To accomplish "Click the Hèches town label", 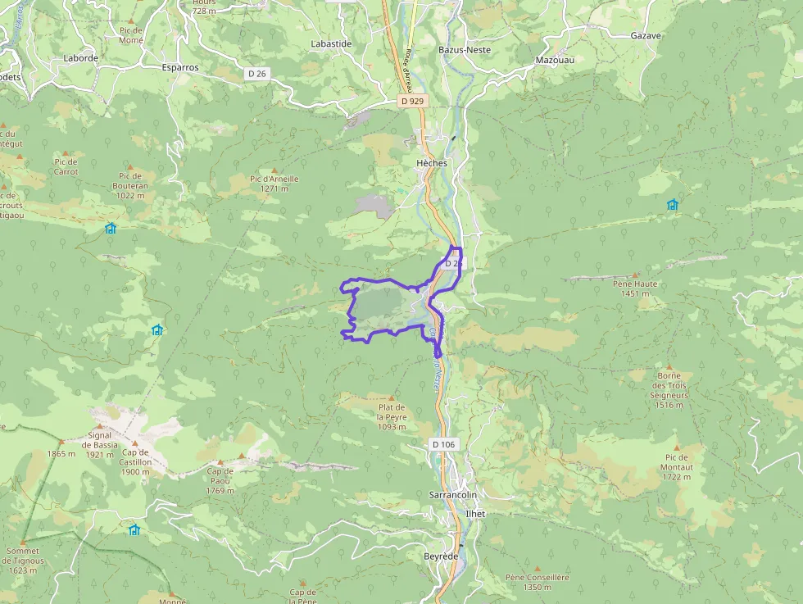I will tap(432, 163).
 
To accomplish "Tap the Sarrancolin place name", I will tap(453, 495).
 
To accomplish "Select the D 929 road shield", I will tap(412, 101).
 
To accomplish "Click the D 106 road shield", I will tap(442, 444).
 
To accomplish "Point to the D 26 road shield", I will tap(256, 74).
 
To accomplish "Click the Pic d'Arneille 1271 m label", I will tap(274, 184).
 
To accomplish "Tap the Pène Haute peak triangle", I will tap(635, 275).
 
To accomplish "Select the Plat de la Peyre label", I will tap(392, 416).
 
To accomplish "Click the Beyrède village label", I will tap(441, 556).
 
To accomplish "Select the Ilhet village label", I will tap(475, 514).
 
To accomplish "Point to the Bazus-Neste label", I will tap(465, 50).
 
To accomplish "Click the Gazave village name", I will tap(646, 36).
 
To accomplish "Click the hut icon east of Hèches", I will tap(673, 204).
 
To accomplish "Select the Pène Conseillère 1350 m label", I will tap(537, 582).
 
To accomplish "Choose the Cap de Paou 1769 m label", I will tap(220, 481).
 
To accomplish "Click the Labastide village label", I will tap(331, 43).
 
